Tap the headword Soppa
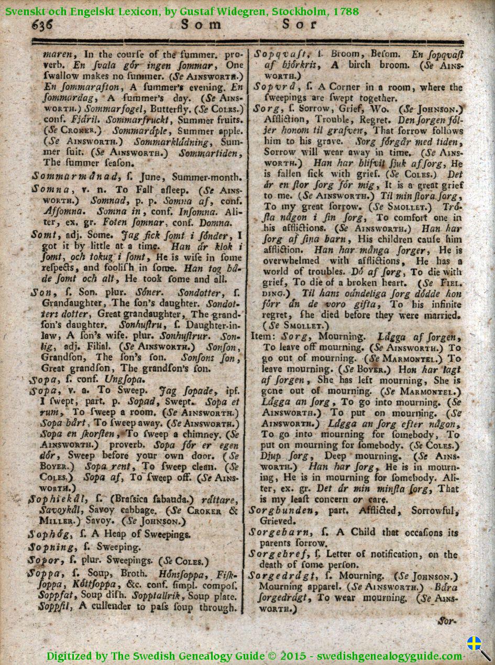[48, 573]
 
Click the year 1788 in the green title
[346, 10]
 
